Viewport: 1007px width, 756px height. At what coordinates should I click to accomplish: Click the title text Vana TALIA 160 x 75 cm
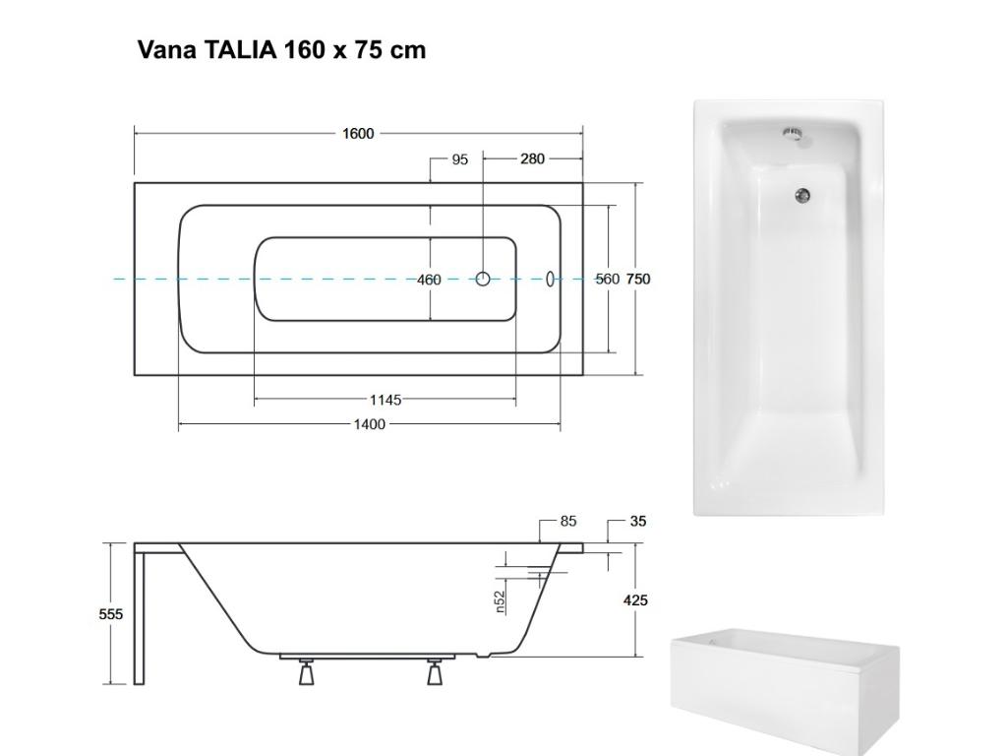281,50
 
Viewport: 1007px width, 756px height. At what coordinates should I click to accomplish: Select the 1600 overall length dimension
358,134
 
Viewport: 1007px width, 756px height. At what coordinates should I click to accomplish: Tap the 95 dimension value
460,159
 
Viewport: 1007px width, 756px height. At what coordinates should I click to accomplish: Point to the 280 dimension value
532,159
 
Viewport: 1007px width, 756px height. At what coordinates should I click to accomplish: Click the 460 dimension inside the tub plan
429,280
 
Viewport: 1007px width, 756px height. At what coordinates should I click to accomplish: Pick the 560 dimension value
608,280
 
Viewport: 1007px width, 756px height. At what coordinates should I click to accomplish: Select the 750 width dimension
638,280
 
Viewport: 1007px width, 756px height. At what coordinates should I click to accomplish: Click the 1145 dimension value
385,400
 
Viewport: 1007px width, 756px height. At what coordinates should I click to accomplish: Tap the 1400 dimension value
370,424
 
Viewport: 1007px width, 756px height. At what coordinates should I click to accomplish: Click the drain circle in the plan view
483,279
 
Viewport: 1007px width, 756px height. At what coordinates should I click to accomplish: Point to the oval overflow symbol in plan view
551,279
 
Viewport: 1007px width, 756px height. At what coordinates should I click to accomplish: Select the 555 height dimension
111,614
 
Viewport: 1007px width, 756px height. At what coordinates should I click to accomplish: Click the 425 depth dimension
635,600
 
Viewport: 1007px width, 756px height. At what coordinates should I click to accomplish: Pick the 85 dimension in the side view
568,522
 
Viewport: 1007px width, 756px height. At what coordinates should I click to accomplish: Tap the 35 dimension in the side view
638,522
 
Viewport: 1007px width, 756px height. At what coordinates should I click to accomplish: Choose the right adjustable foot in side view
435,673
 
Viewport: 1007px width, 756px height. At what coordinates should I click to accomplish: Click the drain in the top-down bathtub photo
803,196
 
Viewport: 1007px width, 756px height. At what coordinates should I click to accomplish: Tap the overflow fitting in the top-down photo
793,133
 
